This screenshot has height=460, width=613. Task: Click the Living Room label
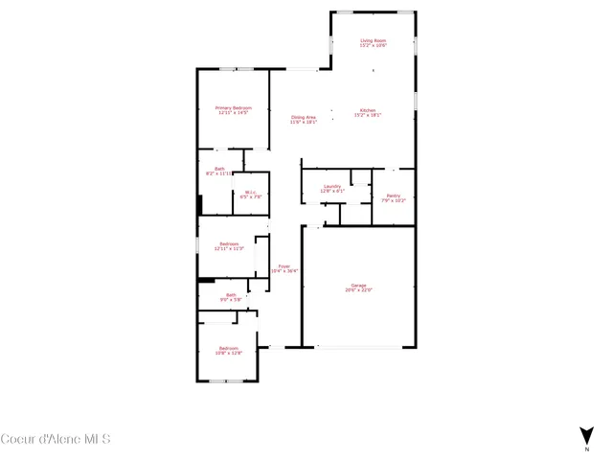coord(373,40)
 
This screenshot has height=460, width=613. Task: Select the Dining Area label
coord(305,117)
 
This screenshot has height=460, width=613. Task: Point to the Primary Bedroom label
coord(232,107)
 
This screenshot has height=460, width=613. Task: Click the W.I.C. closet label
coord(249,192)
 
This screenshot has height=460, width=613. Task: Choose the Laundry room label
coord(332,186)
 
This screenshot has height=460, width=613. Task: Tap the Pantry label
coord(394,195)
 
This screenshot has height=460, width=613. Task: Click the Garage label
coord(359,285)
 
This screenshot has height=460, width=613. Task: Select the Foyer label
coord(284,265)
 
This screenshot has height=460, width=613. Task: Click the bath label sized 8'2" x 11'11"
coord(219,169)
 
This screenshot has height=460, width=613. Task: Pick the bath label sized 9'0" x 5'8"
coord(231,295)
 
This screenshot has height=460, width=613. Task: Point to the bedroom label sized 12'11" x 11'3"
coord(229,243)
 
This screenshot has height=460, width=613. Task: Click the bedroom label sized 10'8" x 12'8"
coord(228,347)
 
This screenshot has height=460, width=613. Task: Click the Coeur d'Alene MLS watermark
coord(56,440)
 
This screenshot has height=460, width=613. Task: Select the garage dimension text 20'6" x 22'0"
coord(359,290)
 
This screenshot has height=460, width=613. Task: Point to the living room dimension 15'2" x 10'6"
coord(373,46)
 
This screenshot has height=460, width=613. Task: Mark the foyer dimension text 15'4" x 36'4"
coord(284,271)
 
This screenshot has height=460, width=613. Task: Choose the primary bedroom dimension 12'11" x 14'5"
coord(233,113)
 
